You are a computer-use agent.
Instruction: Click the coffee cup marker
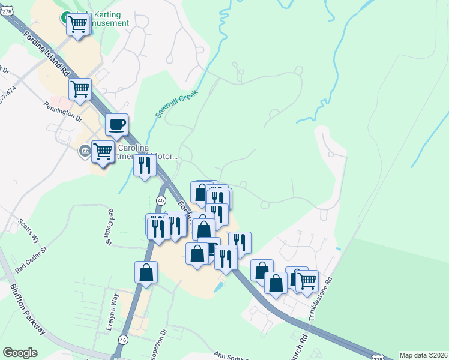click(x=117, y=125)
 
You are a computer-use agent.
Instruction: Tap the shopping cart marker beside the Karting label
click(x=77, y=25)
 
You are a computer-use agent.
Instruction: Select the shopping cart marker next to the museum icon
click(x=103, y=152)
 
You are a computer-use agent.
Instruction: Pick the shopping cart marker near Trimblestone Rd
click(x=307, y=280)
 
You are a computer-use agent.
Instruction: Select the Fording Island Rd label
click(x=48, y=53)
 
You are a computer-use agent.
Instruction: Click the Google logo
click(x=20, y=353)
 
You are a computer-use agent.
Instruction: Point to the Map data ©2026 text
click(x=423, y=355)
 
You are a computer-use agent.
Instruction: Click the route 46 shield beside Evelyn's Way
click(x=123, y=340)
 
